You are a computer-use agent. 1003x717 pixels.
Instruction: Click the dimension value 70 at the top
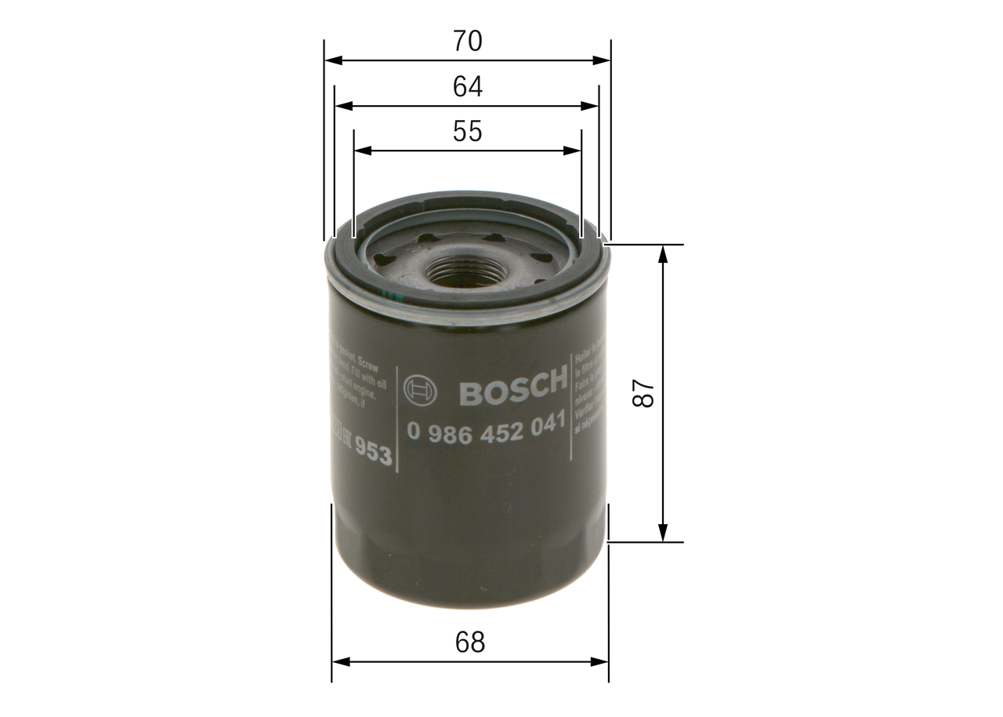click(467, 42)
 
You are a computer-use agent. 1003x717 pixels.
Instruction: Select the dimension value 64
click(467, 86)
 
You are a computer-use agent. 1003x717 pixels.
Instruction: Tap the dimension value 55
click(467, 132)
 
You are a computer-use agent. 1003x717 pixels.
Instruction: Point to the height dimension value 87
click(643, 393)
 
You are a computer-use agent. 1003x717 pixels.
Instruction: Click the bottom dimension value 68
click(470, 642)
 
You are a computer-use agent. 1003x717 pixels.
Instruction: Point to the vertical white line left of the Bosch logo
click(397, 420)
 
